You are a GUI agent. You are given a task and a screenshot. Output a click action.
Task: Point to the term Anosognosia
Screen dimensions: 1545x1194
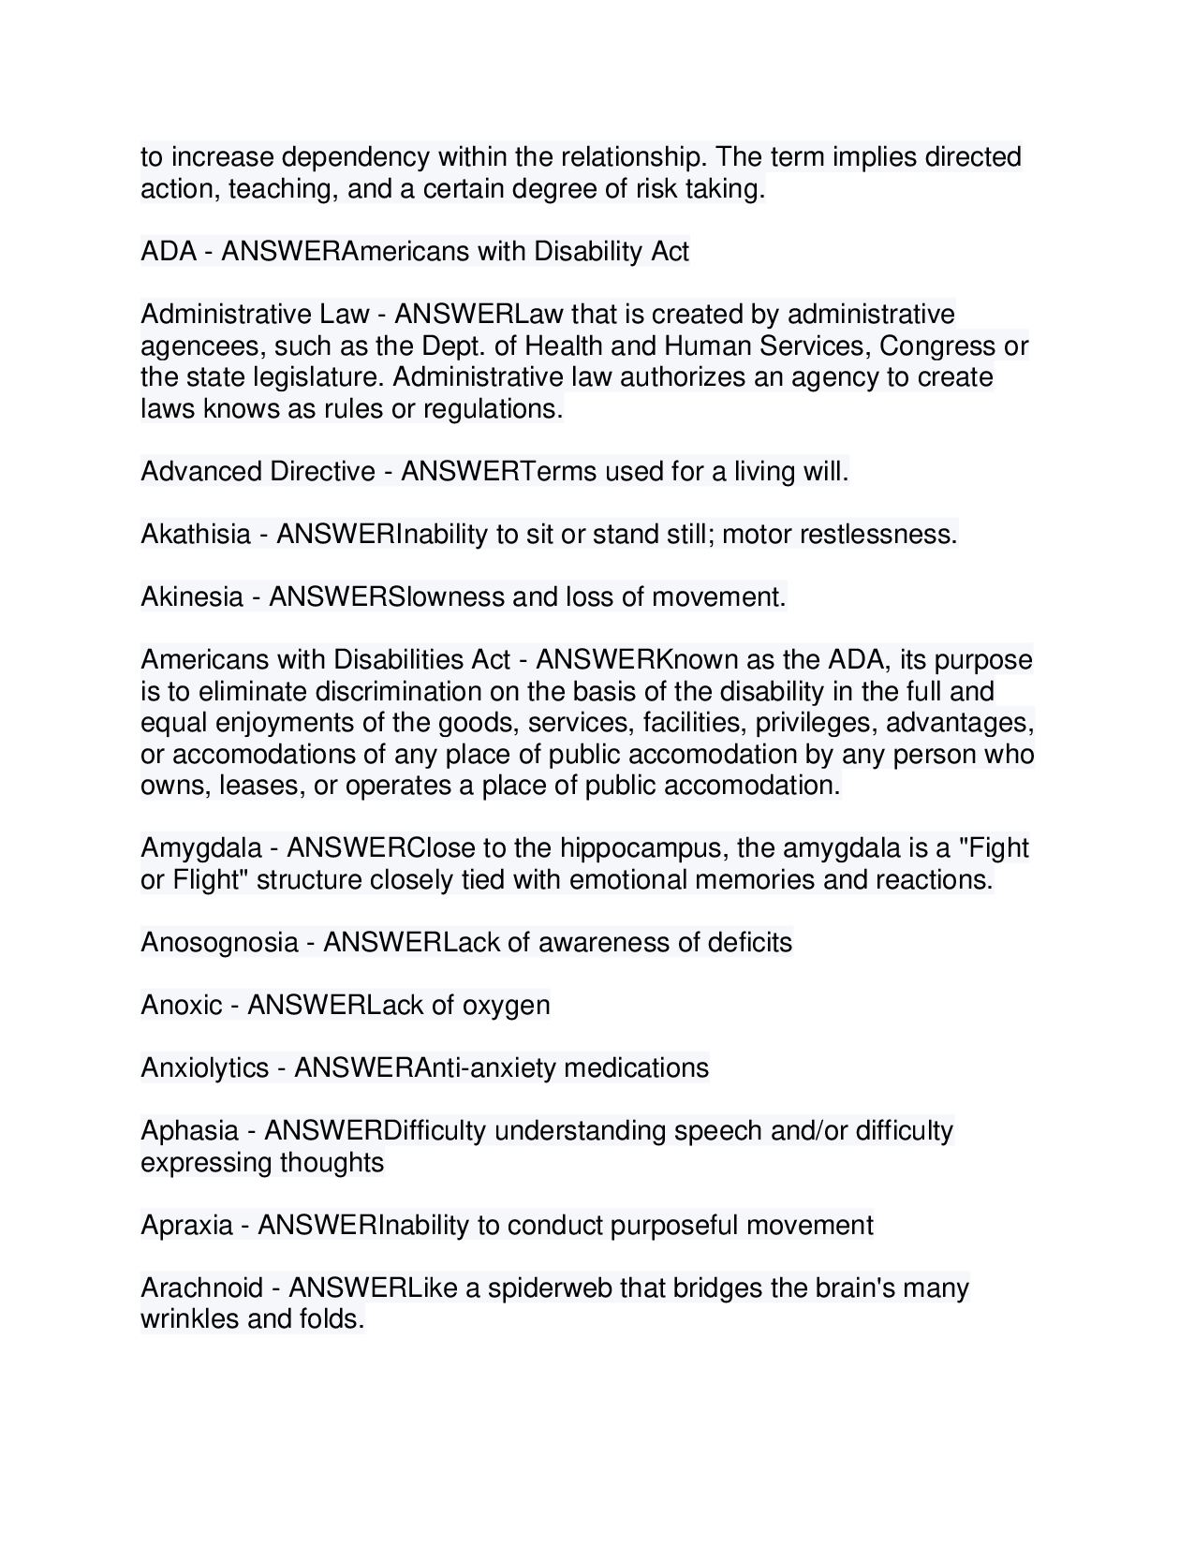point(219,942)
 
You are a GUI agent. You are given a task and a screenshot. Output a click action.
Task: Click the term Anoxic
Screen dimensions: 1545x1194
point(182,1006)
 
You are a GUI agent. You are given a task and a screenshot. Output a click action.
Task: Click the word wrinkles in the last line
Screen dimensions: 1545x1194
point(189,1320)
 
